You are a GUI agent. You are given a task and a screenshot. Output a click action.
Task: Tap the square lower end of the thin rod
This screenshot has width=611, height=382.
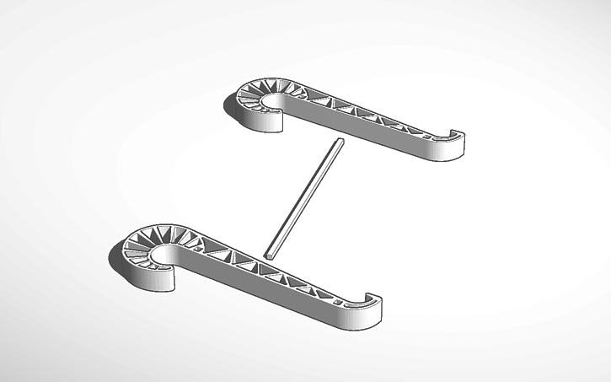[x=268, y=252]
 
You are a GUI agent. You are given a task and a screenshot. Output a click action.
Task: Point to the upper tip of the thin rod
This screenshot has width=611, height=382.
[x=339, y=141]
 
